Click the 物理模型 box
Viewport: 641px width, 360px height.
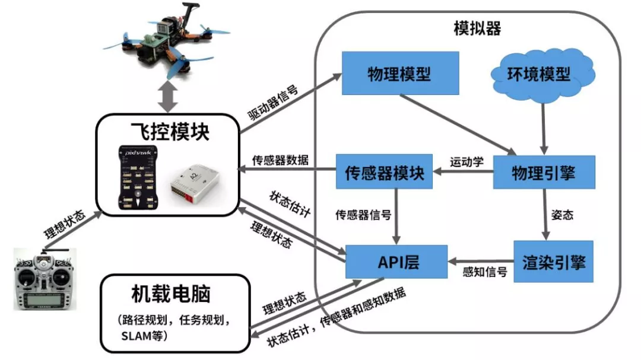pos(400,74)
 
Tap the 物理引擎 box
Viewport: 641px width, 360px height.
pos(543,173)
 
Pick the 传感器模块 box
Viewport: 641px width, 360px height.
pos(385,173)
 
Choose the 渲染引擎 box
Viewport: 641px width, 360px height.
pos(554,262)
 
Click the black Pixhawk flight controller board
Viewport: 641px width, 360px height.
pos(137,177)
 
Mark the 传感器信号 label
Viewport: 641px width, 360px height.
pos(363,214)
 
